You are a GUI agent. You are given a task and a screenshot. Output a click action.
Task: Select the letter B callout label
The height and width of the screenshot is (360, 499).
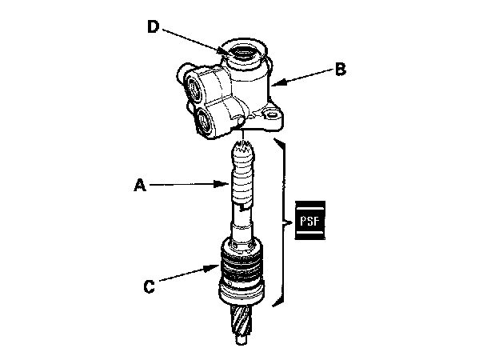point(340,70)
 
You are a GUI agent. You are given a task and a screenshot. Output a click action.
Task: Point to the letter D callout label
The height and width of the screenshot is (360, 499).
point(154,26)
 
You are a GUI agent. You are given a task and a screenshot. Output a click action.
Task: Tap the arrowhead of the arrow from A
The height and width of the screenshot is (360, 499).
point(230,186)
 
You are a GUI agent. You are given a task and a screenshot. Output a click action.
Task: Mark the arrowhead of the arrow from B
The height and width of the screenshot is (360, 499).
point(273,82)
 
